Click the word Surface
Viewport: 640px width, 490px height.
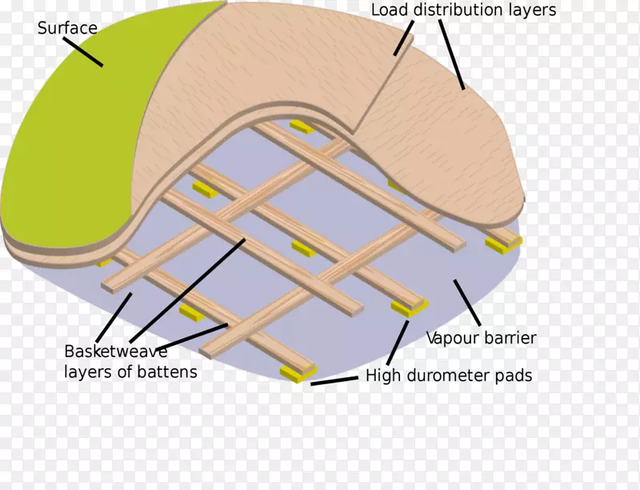[67, 29]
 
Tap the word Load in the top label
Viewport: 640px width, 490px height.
[390, 10]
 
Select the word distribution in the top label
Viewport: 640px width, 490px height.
[465, 10]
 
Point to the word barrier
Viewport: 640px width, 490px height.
[510, 338]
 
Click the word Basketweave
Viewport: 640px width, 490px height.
[116, 351]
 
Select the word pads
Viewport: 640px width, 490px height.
[515, 376]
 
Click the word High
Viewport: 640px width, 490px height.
[383, 376]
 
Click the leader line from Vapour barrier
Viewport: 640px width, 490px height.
[467, 303]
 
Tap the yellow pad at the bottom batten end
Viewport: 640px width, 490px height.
[298, 372]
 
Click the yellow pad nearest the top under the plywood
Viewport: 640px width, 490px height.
[302, 127]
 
